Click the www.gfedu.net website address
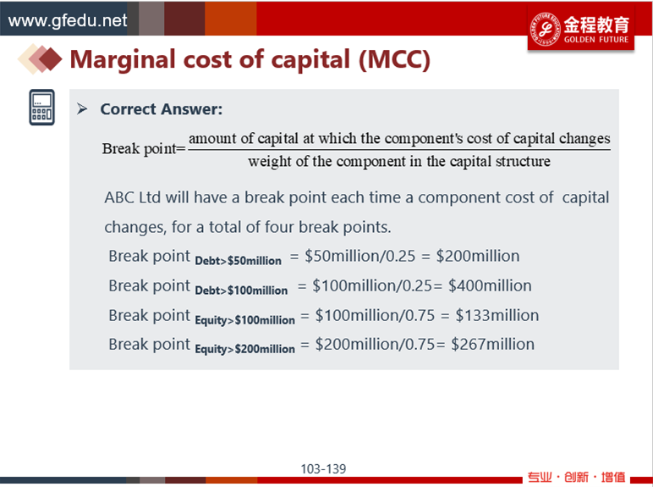coord(68,20)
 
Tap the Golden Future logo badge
coord(581,29)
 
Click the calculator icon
coord(41,108)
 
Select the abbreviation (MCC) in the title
coord(394,59)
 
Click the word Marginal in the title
coord(123,60)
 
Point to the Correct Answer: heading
coord(162,109)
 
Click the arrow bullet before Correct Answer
coord(82,109)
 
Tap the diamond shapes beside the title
coord(40,59)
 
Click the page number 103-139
coord(323,469)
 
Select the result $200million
coord(478,256)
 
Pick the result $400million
coord(490,285)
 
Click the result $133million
coord(497,315)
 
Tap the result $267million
coord(492,345)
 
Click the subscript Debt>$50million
coord(239,261)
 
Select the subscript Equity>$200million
coord(245,349)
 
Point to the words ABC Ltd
coord(133,197)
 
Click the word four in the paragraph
coord(279,227)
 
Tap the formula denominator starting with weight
coord(399,162)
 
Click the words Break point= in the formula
coord(144,149)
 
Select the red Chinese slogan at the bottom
coord(576,477)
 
